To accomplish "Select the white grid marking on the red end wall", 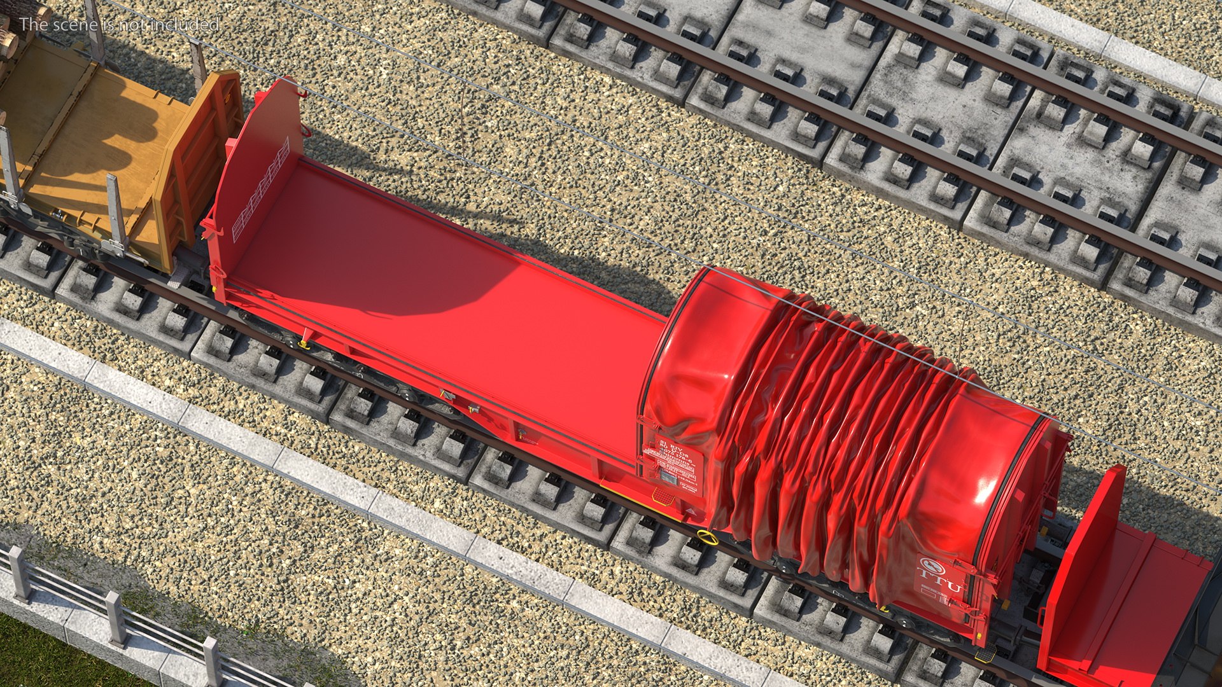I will [x=261, y=191].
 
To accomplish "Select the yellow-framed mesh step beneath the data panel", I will [x=666, y=496].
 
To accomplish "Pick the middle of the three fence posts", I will [x=115, y=616].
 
